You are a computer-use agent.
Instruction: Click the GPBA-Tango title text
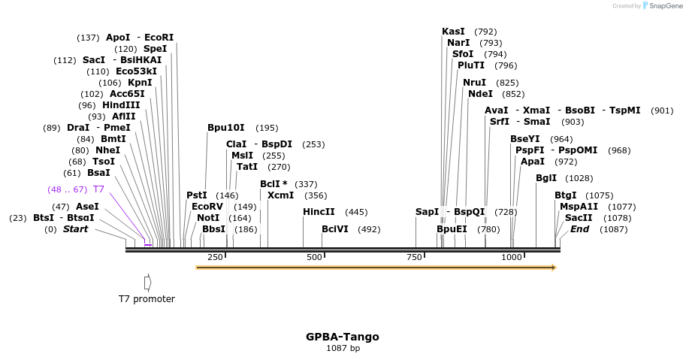[342, 337]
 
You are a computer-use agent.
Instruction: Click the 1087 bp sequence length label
[342, 348]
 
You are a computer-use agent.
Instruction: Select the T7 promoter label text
[147, 299]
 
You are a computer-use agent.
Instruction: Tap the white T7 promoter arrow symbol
[148, 282]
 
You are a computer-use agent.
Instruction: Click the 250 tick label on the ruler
[215, 257]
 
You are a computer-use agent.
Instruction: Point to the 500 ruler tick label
[314, 257]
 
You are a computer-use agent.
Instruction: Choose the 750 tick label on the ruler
[414, 257]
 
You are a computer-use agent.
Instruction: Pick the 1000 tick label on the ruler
[512, 257]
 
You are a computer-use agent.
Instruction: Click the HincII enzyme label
[319, 212]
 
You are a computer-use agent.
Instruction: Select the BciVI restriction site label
[334, 229]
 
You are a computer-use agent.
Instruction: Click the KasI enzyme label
[454, 32]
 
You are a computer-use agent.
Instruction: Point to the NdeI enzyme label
[480, 94]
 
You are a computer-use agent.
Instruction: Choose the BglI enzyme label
[546, 178]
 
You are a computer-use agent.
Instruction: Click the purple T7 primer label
[98, 189]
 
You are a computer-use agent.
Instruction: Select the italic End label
[579, 229]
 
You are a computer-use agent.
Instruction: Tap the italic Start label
[75, 229]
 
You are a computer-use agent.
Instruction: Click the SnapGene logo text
[665, 6]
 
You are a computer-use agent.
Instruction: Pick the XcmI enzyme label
[280, 195]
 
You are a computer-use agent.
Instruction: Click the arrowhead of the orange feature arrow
[553, 268]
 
